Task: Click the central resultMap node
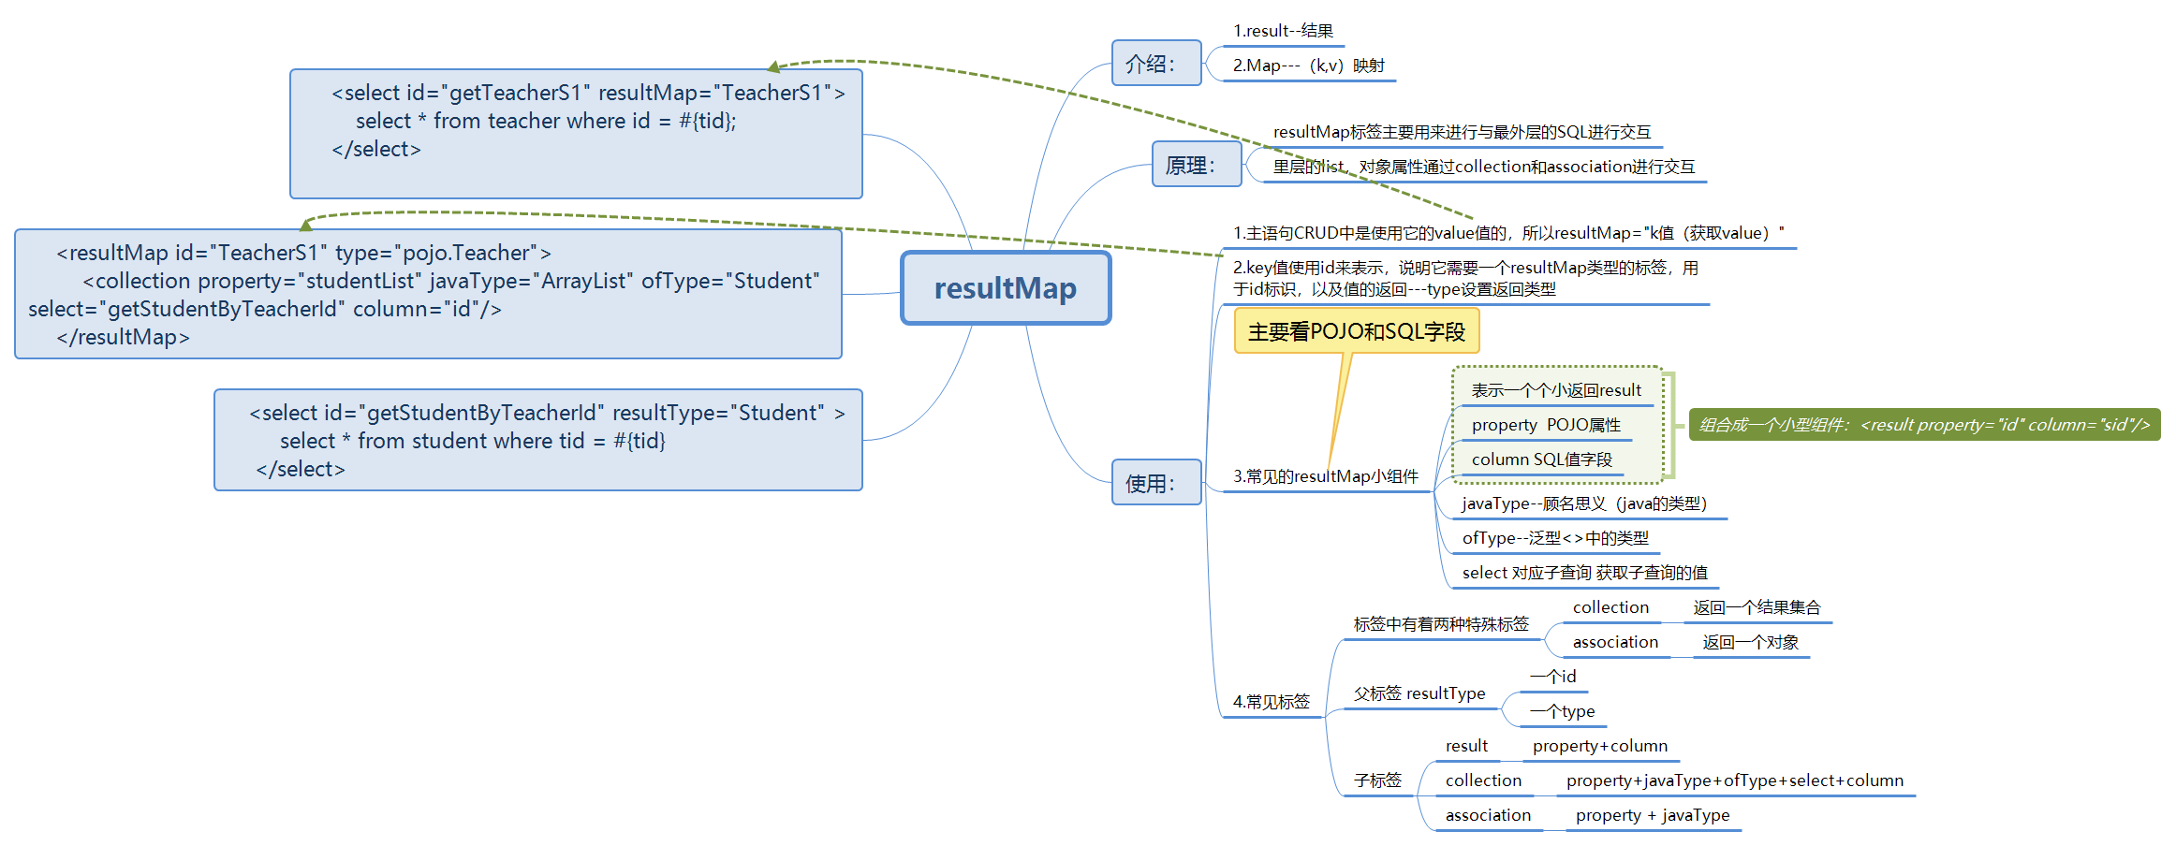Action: tap(1006, 288)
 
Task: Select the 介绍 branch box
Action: tap(1156, 64)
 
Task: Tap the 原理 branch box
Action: tap(1197, 165)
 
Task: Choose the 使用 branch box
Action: tap(1156, 483)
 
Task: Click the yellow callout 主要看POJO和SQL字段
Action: tap(1357, 331)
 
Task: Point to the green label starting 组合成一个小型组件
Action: tap(1924, 425)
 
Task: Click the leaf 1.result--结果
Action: tap(1283, 31)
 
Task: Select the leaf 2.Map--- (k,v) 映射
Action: tap(1308, 66)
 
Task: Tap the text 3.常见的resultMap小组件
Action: tap(1326, 476)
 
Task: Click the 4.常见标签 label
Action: tap(1272, 702)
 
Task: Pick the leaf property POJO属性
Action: tap(1546, 425)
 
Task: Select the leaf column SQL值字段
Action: tap(1542, 459)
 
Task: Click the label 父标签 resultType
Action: tap(1419, 693)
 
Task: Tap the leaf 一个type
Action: tap(1562, 711)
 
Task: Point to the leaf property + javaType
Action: tap(1653, 815)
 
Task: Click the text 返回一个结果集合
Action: tap(1757, 607)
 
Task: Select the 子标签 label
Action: tap(1377, 780)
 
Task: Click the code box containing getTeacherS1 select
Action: tap(576, 134)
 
